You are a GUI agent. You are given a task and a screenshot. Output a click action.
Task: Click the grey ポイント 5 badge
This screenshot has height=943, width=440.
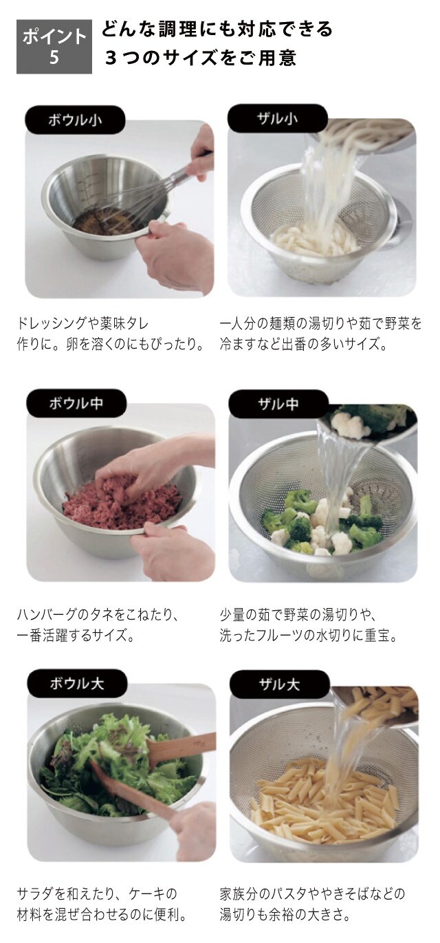click(54, 47)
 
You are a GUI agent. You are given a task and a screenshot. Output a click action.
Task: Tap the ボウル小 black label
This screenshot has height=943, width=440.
click(76, 120)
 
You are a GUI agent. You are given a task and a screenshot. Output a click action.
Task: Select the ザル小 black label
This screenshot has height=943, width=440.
click(278, 119)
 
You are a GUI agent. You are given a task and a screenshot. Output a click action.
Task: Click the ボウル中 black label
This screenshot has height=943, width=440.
click(76, 403)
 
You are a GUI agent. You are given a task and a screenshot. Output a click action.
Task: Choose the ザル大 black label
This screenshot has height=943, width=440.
click(279, 685)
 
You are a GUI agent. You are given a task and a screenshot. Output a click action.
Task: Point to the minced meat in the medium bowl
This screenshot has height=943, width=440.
click(122, 501)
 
